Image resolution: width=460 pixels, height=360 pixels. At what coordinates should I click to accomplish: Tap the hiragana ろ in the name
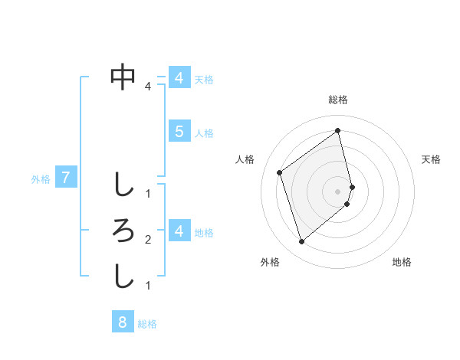[123, 230]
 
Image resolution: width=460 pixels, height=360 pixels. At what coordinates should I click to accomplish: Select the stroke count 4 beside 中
[148, 87]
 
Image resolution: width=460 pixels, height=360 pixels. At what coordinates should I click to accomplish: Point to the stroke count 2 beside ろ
[148, 240]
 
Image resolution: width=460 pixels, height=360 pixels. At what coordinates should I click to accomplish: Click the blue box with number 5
[179, 132]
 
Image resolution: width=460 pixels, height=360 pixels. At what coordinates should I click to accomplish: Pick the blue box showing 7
[66, 178]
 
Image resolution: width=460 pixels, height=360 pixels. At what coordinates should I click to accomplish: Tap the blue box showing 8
[123, 322]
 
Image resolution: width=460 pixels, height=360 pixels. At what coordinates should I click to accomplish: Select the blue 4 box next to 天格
[179, 78]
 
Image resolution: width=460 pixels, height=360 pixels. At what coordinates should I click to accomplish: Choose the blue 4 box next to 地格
[179, 231]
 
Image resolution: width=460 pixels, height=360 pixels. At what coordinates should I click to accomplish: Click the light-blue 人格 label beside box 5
[204, 133]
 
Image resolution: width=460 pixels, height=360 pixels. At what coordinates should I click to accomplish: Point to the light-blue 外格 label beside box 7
[41, 180]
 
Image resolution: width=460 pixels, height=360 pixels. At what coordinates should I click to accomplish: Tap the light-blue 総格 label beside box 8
[147, 324]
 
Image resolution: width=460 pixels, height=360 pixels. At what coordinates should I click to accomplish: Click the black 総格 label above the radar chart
[338, 100]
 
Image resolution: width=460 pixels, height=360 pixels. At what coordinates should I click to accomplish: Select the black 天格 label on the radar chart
[432, 159]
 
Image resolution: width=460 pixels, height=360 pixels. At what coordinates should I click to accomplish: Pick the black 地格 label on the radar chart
[402, 262]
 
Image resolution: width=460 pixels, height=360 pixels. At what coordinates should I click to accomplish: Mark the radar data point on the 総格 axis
[338, 130]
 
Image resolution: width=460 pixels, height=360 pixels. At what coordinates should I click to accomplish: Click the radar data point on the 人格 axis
[280, 172]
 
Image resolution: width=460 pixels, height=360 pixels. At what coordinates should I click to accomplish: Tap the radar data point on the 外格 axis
[301, 242]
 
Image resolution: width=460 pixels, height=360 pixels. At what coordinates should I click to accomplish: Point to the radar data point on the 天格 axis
[352, 186]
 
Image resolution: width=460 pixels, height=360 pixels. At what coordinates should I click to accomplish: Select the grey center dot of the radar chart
[338, 191]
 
